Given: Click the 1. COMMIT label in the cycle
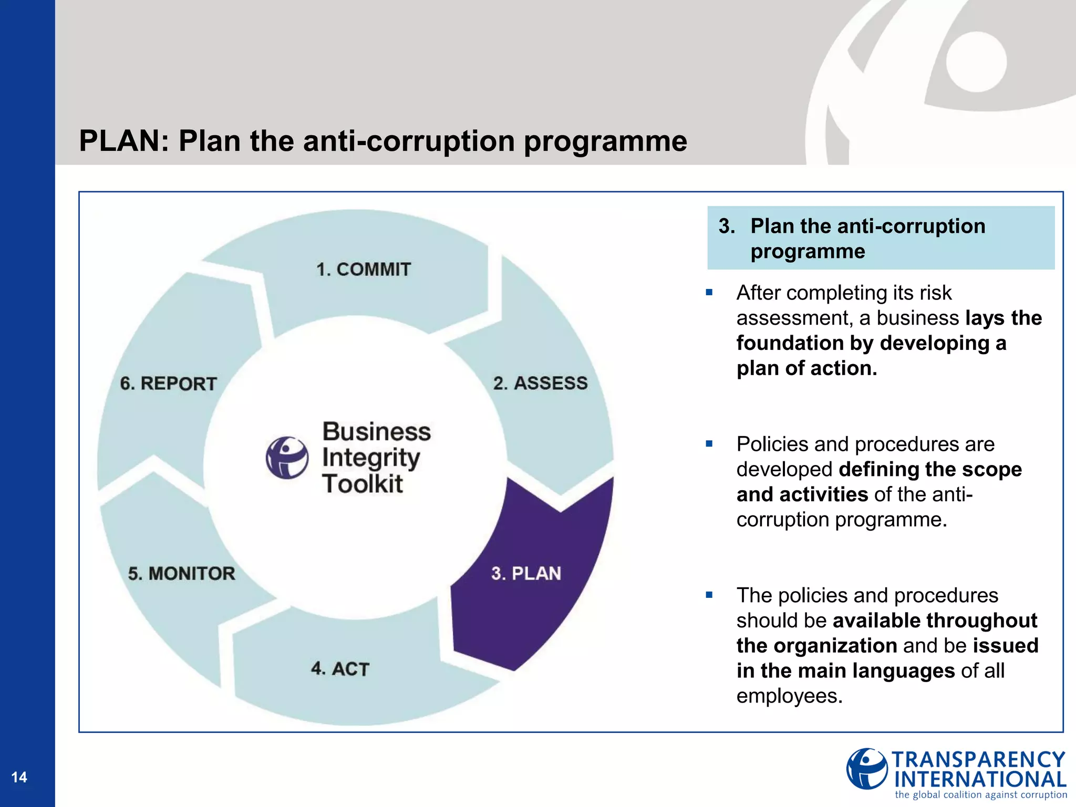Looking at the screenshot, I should [363, 270].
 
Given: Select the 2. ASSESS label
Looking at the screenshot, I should [540, 383].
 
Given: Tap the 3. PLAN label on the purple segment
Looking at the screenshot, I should [526, 573].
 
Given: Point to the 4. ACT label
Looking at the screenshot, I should [340, 669].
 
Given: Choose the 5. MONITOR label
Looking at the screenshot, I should [181, 573].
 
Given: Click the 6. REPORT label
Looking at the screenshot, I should [168, 384].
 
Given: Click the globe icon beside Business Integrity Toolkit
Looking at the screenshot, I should [287, 457].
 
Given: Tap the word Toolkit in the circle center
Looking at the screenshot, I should [363, 484].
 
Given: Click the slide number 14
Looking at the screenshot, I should [19, 777].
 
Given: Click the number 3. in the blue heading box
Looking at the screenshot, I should [727, 226].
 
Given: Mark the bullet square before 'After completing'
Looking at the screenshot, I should [709, 293].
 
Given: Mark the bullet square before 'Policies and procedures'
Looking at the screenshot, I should [709, 444].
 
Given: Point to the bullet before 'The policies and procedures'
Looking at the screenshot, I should [709, 595].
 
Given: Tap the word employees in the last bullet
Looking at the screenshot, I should [789, 696].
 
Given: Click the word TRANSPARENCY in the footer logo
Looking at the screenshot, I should [978, 760].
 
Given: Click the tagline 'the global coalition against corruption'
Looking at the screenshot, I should [980, 795].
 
